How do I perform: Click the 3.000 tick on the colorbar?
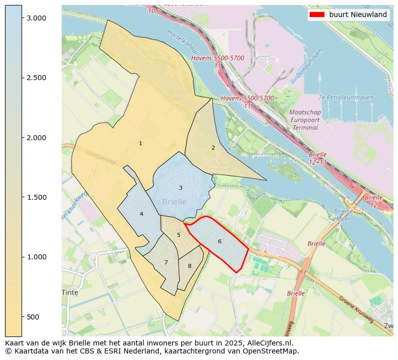(36, 18)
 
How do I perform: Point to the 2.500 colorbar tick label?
(36, 78)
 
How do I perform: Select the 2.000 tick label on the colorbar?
(36, 138)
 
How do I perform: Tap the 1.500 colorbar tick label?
(36, 197)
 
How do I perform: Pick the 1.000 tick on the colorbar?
(36, 257)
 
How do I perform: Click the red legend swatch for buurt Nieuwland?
(317, 15)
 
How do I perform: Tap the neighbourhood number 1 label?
(140, 144)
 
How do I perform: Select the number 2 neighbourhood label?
(213, 148)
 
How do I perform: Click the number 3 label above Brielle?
(180, 188)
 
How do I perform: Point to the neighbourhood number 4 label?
(141, 214)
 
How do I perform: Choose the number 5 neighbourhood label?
(178, 235)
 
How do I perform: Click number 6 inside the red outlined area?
(220, 242)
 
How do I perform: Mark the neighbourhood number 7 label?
(166, 263)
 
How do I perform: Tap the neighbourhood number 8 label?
(189, 266)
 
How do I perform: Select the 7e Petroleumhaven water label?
(346, 98)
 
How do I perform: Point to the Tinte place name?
(70, 292)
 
